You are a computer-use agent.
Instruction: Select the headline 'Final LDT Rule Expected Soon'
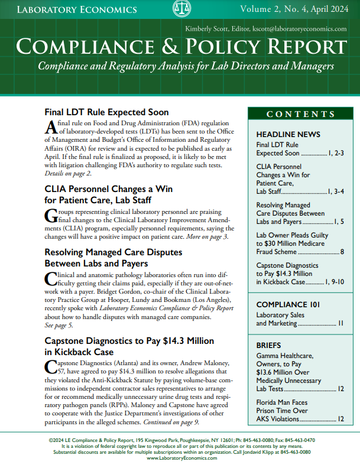106,112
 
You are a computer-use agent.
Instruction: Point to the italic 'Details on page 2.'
68,173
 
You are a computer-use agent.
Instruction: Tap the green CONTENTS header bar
300,114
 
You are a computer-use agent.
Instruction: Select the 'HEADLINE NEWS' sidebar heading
288,134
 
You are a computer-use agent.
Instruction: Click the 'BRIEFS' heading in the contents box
269,344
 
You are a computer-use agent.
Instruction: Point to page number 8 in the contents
342,252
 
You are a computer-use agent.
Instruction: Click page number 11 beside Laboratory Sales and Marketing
340,324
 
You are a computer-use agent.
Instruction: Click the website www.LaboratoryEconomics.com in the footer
180,458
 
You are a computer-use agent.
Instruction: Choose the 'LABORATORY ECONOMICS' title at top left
77,9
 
